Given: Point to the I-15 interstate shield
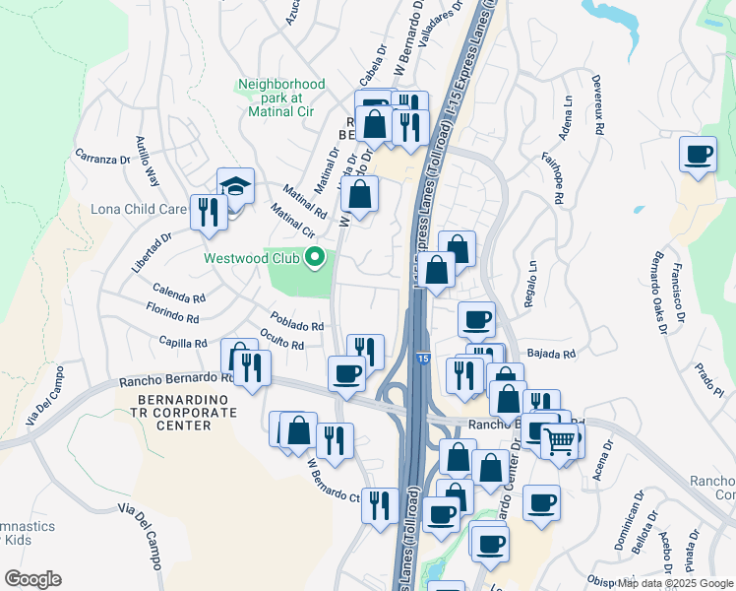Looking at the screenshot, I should click(421, 361).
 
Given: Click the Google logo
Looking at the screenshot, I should click(32, 578).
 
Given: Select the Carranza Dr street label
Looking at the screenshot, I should click(102, 158).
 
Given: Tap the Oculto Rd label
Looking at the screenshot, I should click(281, 339).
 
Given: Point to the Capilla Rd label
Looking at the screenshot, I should click(183, 343).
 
